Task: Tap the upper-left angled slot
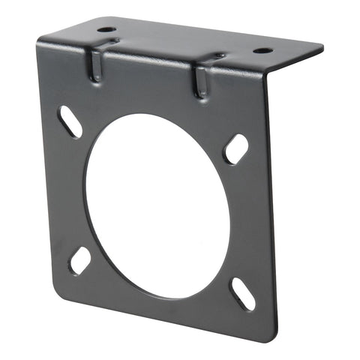[70, 122]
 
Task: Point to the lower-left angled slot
[79, 260]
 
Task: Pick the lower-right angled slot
[241, 293]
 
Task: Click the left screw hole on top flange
[106, 31]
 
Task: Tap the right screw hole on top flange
[262, 52]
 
